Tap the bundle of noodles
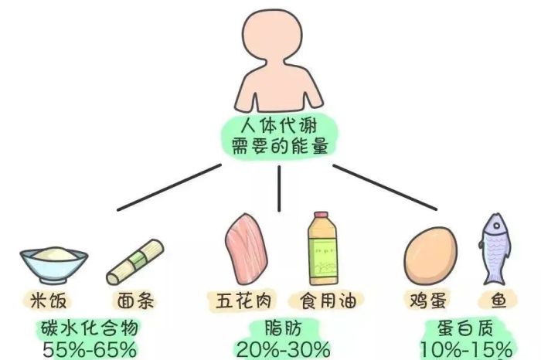coord(135,262)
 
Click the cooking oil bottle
coord(322,248)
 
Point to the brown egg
coord(430,255)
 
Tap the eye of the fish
coord(496,226)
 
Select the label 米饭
coord(48,301)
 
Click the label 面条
coord(135,301)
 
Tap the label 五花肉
coord(243,301)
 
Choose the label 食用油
coord(328,301)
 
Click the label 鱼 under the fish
coord(498,301)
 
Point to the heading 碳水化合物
coord(90,328)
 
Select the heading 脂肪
coord(283,328)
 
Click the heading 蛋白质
coord(466,328)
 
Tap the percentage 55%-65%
coord(90,350)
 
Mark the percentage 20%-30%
coord(283,350)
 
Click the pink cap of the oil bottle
coord(321,215)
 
